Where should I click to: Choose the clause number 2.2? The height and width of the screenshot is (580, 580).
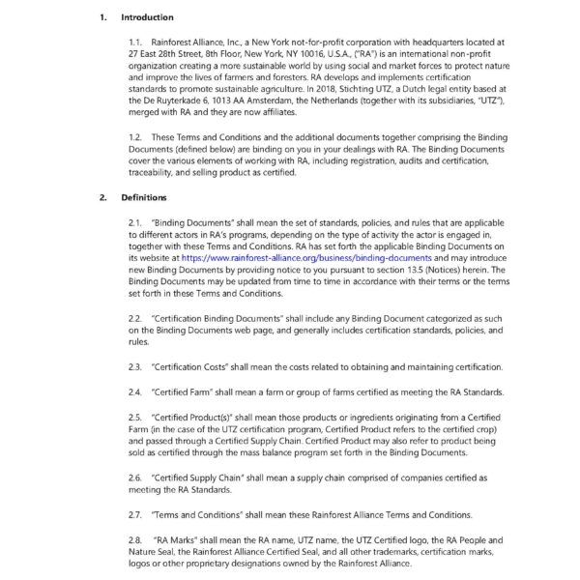(x=135, y=318)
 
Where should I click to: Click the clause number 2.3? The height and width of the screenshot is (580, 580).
(x=135, y=365)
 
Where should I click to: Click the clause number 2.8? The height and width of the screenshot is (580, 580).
(x=135, y=537)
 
